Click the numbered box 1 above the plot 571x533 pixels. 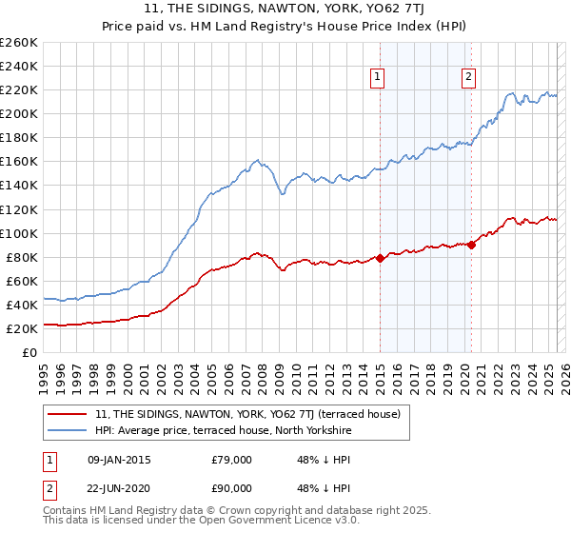(x=378, y=78)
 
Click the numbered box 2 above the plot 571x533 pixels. (x=469, y=78)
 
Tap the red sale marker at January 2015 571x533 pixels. (x=380, y=257)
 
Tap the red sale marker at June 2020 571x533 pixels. (x=471, y=245)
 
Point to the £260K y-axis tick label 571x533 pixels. (x=18, y=43)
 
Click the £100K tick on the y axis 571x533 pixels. (x=18, y=233)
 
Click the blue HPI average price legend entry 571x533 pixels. (x=223, y=431)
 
